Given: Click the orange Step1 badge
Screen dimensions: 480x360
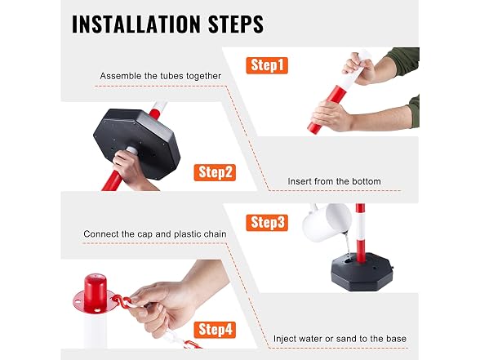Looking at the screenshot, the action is (267, 65).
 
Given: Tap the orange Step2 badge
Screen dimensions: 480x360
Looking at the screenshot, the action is (215, 172).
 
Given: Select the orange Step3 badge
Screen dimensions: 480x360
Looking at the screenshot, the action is (267, 223).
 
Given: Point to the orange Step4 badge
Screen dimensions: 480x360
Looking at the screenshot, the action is (215, 330).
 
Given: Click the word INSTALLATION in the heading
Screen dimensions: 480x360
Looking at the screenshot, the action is (136, 24).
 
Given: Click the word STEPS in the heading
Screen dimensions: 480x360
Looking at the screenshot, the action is (236, 24).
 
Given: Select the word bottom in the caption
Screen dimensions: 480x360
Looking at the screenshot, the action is (366, 181).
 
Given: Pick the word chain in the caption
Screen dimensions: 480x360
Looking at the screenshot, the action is (215, 234).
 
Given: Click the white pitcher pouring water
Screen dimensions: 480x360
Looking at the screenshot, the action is (327, 223).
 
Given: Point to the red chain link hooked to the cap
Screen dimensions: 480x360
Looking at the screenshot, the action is (120, 301).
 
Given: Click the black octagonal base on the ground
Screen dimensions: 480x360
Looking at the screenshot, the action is (362, 272).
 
